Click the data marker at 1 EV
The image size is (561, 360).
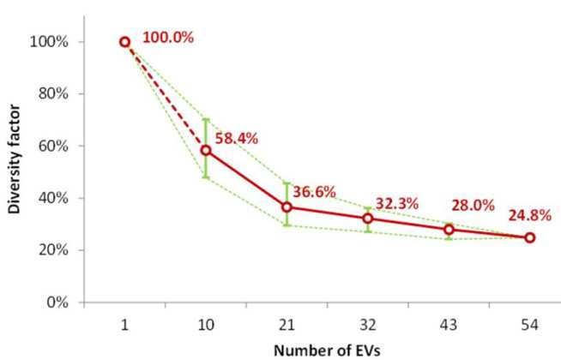[x=124, y=42]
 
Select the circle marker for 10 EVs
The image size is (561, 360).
[x=206, y=150]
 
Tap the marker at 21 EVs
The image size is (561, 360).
[x=287, y=207]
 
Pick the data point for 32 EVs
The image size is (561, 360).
[x=368, y=218]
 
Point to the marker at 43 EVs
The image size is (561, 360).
[x=449, y=229]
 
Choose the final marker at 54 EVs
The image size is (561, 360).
[x=529, y=237]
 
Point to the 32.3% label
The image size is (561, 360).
[x=394, y=202]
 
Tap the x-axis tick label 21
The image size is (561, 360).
[x=287, y=326]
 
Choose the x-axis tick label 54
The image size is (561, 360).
[x=529, y=326]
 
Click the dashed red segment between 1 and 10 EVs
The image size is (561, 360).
[x=165, y=96]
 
